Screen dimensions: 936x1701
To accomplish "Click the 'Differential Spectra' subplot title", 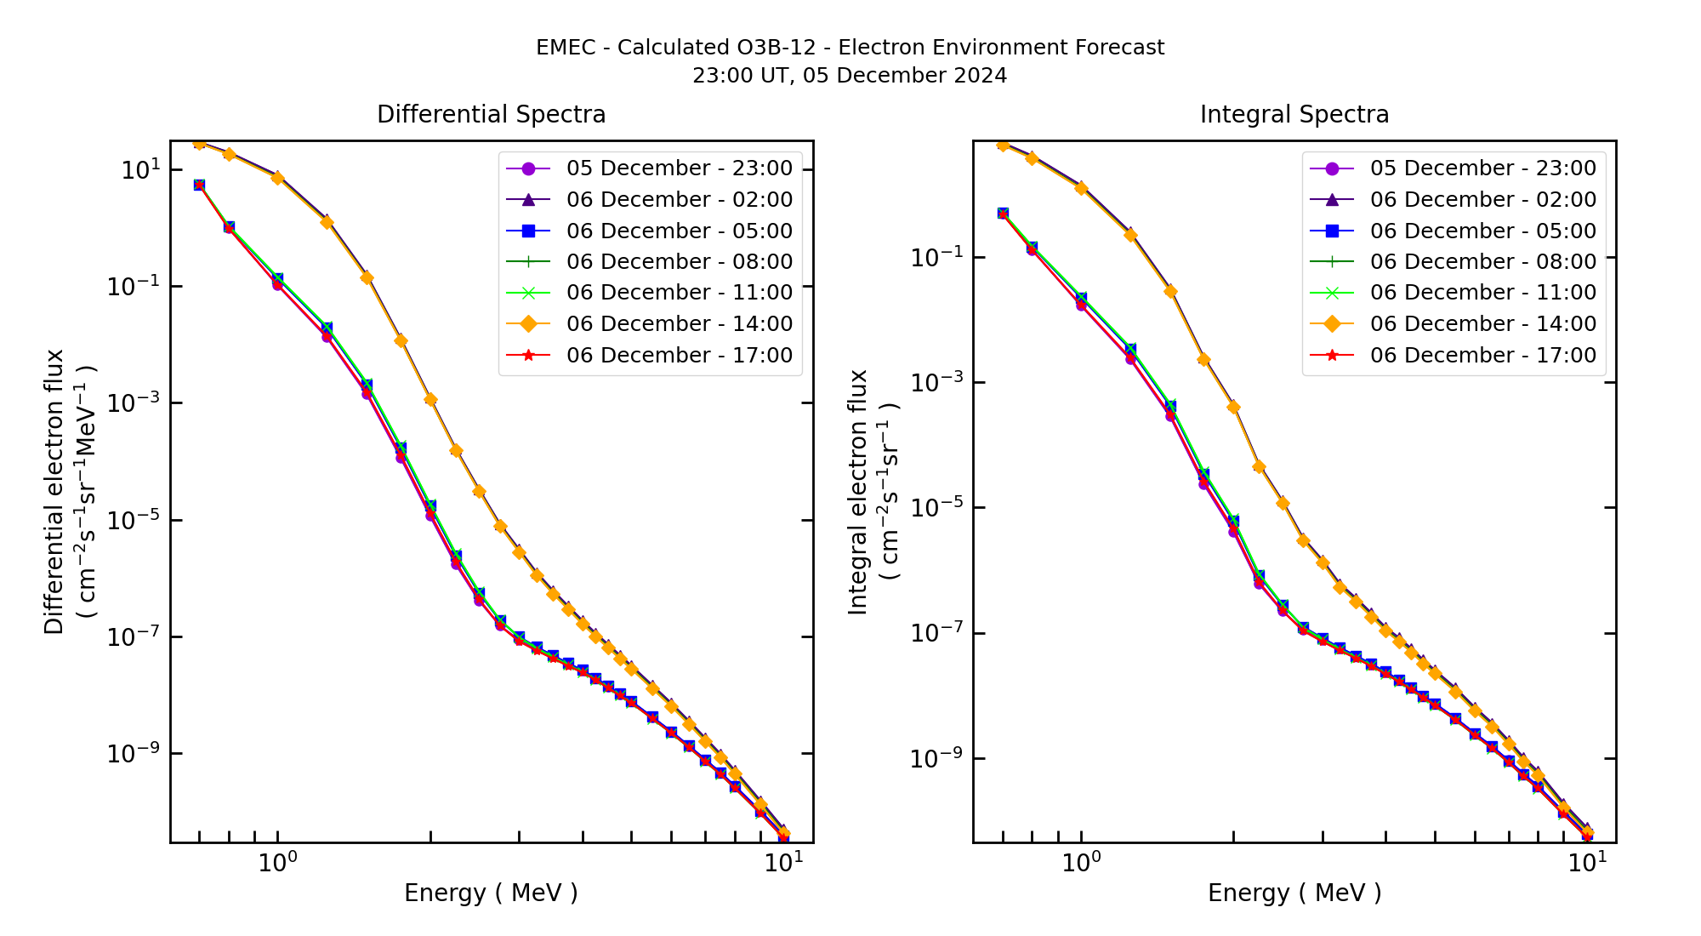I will (491, 115).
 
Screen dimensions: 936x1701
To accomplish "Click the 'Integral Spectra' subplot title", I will (1294, 115).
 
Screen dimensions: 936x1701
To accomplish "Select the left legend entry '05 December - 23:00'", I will (679, 168).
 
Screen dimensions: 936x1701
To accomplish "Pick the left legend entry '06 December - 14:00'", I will (679, 324).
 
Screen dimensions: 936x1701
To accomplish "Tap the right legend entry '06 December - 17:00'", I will (1482, 356).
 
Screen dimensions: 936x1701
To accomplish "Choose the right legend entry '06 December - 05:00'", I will (1482, 231).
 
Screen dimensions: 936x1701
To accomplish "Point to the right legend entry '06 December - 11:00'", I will (1482, 293).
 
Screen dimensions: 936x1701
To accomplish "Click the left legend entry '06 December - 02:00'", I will (679, 200).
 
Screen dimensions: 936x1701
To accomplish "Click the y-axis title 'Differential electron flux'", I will (54, 491).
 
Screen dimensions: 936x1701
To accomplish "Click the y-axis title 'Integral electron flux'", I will (858, 491).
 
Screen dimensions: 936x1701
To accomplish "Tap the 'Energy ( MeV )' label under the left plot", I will (491, 893).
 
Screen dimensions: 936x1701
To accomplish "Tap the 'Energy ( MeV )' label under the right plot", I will (1294, 893).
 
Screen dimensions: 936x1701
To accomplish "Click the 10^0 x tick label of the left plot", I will (277, 863).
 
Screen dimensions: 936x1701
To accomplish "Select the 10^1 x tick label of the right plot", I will (1587, 863).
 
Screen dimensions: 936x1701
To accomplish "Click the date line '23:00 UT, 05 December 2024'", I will (850, 76).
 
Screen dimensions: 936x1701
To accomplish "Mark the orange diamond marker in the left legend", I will (528, 324).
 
